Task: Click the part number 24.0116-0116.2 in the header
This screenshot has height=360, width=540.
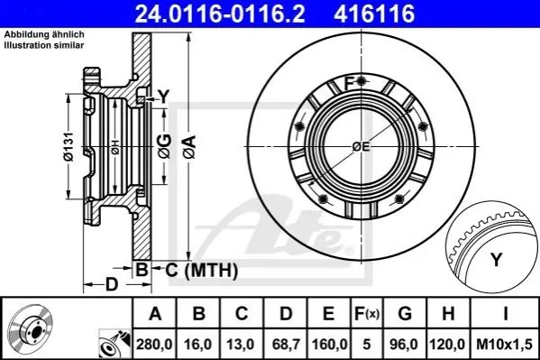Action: pyautogui.click(x=220, y=14)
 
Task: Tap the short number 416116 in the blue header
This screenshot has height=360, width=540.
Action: pyautogui.click(x=374, y=14)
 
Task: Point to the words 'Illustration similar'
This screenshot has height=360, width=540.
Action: pyautogui.click(x=44, y=45)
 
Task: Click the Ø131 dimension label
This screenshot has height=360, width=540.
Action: pyautogui.click(x=69, y=146)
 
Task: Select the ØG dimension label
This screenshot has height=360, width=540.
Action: pyautogui.click(x=165, y=146)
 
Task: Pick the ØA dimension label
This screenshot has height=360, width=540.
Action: pyautogui.click(x=189, y=147)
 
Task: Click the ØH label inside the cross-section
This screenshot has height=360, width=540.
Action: pyautogui.click(x=115, y=147)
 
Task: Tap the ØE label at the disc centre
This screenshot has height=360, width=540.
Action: pyautogui.click(x=362, y=147)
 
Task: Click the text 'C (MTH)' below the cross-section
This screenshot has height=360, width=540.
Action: pyautogui.click(x=201, y=270)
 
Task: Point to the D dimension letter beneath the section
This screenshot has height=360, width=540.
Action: pyautogui.click(x=112, y=285)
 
